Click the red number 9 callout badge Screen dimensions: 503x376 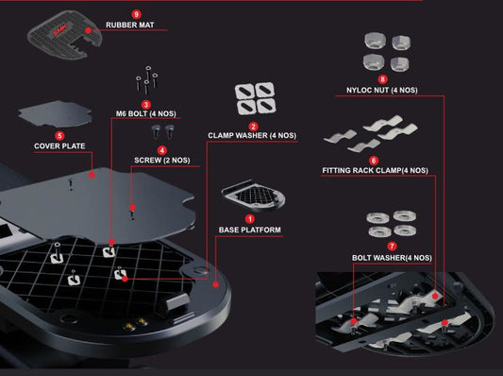pyautogui.click(x=136, y=14)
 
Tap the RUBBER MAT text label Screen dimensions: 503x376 pyautogui.click(x=130, y=25)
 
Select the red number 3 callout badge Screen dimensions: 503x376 pyautogui.click(x=146, y=104)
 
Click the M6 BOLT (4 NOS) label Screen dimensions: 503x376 pyautogui.click(x=146, y=113)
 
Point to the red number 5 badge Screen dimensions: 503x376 pyautogui.click(x=59, y=136)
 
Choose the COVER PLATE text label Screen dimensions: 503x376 pyautogui.click(x=59, y=146)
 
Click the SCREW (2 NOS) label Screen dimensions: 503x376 pyautogui.click(x=162, y=161)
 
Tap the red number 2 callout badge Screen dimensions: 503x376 pyautogui.click(x=253, y=127)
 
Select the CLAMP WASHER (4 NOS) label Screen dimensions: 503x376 pyautogui.click(x=252, y=135)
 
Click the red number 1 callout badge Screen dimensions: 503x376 pyautogui.click(x=249, y=219)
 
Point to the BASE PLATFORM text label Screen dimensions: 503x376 pyautogui.click(x=250, y=230)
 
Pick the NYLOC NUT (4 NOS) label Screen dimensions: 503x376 pyautogui.click(x=382, y=91)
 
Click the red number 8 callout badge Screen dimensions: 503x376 pyautogui.click(x=382, y=79)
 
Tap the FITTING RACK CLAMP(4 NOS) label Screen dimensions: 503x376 pyautogui.click(x=375, y=170)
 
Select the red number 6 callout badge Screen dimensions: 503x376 pyautogui.click(x=374, y=161)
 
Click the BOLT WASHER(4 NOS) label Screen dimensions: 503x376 pyautogui.click(x=392, y=258)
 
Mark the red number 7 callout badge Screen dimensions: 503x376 pyautogui.click(x=392, y=247)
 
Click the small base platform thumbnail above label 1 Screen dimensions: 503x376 pyautogui.click(x=253, y=196)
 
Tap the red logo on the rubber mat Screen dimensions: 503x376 pyautogui.click(x=60, y=31)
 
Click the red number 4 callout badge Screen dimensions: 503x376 pyautogui.click(x=162, y=150)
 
